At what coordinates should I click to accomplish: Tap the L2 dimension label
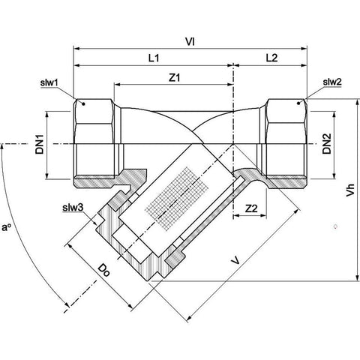tap(271, 58)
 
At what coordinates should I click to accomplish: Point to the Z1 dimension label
tap(175, 77)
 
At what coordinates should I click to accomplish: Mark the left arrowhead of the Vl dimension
tap(76, 48)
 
